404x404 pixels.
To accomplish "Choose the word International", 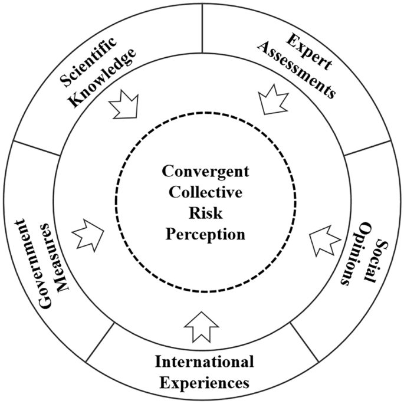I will point(204,361).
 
